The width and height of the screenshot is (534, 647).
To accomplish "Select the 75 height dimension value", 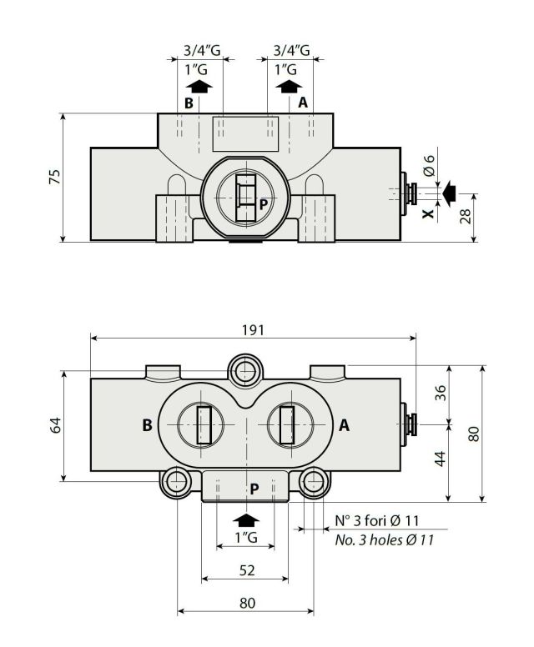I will tap(54, 177).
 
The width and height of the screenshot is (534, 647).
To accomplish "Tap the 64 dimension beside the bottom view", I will tap(54, 426).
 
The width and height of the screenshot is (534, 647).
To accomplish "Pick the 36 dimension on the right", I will tap(441, 393).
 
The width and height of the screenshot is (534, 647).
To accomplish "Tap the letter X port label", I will tap(428, 213).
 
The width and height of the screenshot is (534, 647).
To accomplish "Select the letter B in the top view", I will tap(189, 103).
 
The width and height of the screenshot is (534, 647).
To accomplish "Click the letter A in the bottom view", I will tap(343, 425).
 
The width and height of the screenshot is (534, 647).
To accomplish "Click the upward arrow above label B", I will tap(199, 85).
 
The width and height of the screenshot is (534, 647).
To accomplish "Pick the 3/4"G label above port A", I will tap(292, 51).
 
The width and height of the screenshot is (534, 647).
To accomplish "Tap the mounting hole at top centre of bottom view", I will tap(244, 369).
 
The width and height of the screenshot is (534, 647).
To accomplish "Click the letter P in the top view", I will tap(263, 203).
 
